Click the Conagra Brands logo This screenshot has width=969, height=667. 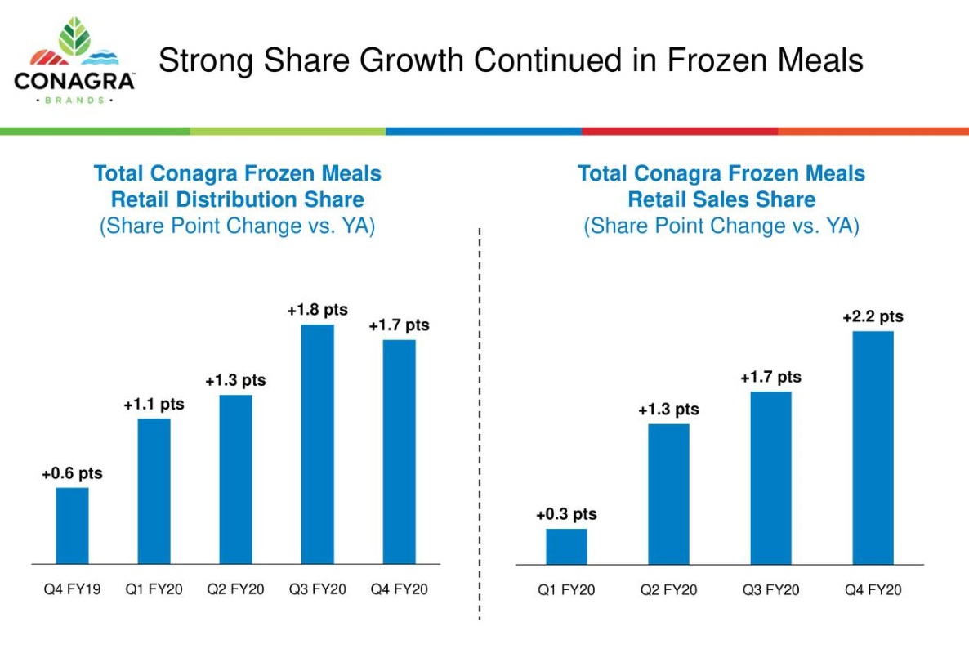pyautogui.click(x=74, y=61)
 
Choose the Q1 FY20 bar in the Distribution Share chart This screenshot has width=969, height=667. pyautogui.click(x=154, y=490)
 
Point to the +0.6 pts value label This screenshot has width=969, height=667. pyautogui.click(x=72, y=473)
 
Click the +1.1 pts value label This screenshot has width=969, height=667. pyautogui.click(x=154, y=404)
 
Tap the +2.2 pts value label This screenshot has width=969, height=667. pyautogui.click(x=873, y=316)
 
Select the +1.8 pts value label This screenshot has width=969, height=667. pyautogui.click(x=317, y=310)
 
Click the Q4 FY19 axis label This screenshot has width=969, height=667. pyautogui.click(x=72, y=589)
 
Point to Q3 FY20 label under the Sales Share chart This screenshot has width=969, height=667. pyautogui.click(x=770, y=589)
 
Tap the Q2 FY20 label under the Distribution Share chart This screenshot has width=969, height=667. pyautogui.click(x=235, y=589)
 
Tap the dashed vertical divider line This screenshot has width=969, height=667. pyautogui.click(x=480, y=425)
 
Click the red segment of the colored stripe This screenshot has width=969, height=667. pyautogui.click(x=680, y=131)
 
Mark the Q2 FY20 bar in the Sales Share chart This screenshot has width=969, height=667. pyautogui.click(x=668, y=494)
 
